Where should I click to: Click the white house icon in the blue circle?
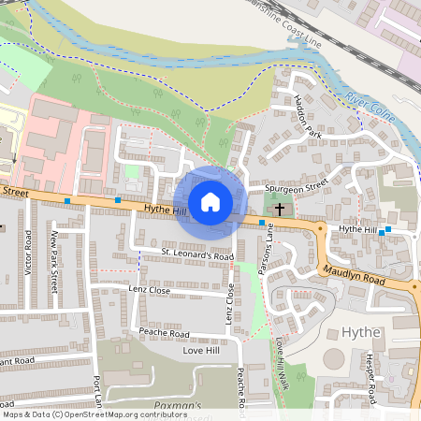tap(210, 202)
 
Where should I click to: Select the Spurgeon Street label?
tap(296, 186)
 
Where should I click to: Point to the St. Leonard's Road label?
tap(196, 254)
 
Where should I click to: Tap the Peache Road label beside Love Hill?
tap(164, 333)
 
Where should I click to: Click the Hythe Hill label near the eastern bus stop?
tap(356, 229)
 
